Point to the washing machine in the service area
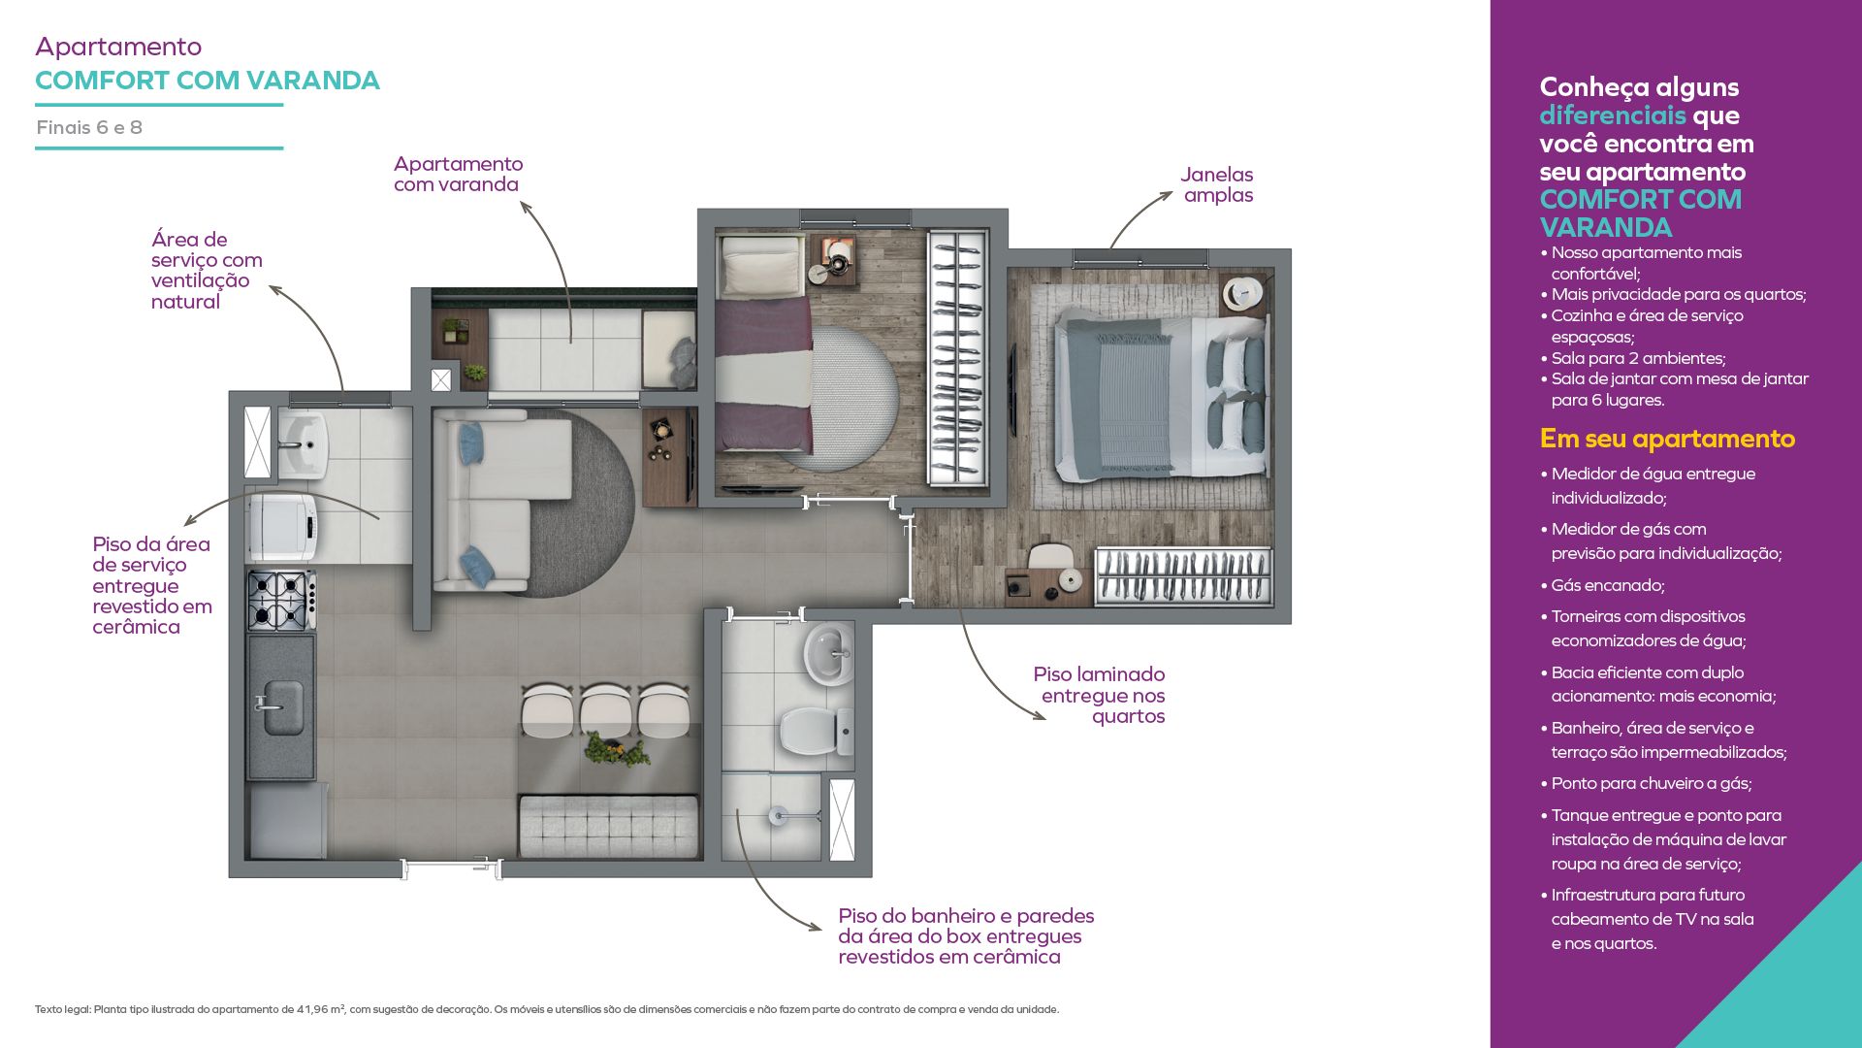(283, 528)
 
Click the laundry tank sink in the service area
(304, 444)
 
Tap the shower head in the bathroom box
(778, 816)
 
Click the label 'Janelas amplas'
(1217, 184)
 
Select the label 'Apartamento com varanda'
(458, 174)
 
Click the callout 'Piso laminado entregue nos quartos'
(1099, 695)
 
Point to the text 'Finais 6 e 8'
(89, 127)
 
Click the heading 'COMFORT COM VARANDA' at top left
(208, 81)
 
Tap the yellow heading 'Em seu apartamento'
(1667, 439)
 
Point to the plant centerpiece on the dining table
(617, 750)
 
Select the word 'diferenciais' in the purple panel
(1613, 115)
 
